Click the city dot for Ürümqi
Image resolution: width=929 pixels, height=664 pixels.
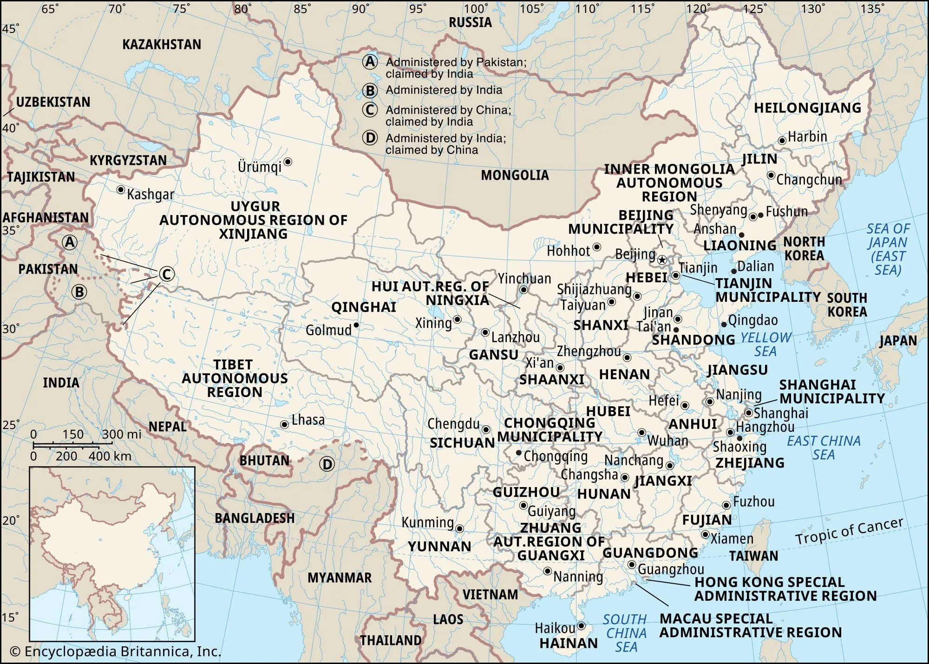pos(288,162)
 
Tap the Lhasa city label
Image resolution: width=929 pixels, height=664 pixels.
pos(308,420)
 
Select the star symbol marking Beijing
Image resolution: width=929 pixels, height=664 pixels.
pos(662,260)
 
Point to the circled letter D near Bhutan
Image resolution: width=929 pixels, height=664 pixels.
pos(327,464)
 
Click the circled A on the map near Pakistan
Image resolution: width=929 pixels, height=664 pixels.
pos(70,242)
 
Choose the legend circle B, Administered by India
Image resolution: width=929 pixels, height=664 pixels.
pos(370,90)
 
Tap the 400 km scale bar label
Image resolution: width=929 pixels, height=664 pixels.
pos(110,456)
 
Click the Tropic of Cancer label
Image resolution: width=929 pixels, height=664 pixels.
pos(849,531)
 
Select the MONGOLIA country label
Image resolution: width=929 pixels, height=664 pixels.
pos(515,175)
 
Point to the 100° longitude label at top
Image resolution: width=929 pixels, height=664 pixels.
pos(476,8)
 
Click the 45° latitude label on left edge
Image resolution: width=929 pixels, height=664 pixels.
pos(10,29)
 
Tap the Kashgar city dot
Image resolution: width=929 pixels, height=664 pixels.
pos(120,189)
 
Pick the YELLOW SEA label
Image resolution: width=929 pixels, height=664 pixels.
pos(765,344)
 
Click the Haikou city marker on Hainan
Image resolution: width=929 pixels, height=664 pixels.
pos(581,626)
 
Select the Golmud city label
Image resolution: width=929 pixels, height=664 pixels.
pos(328,330)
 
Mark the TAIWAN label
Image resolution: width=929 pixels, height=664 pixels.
pos(753,556)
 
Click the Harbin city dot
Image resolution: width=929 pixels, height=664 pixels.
pos(782,140)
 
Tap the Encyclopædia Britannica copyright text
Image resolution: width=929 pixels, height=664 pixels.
pos(115,651)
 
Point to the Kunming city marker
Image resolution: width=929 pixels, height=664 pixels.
pos(459,528)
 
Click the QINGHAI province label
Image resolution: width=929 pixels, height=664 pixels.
pos(363,307)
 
